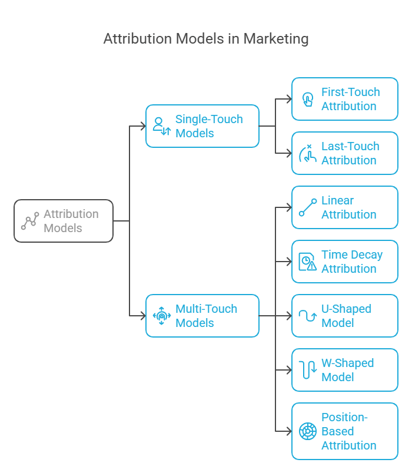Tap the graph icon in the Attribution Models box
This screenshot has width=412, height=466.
tap(30, 221)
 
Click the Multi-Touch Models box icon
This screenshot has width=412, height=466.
tap(162, 316)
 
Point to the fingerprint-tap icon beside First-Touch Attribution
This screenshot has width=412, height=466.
tap(307, 99)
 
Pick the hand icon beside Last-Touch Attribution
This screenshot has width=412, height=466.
tap(308, 153)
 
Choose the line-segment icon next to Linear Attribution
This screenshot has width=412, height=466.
tap(308, 207)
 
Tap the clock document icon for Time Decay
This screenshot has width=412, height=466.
tap(307, 262)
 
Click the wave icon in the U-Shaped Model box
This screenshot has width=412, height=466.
tap(308, 316)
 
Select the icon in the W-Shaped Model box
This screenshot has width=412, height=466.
tap(308, 370)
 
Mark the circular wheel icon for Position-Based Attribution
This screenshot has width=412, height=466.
tap(308, 431)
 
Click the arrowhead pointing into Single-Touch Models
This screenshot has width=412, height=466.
tap(142, 126)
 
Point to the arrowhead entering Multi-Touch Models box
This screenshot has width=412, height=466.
tap(142, 316)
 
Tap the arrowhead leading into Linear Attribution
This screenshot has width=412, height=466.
tap(288, 207)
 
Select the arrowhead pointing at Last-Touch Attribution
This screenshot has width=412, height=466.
tap(288, 153)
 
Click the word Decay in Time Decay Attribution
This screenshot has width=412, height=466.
tap(367, 255)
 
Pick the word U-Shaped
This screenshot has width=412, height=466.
tap(346, 309)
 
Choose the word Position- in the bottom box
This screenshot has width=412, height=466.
tap(344, 417)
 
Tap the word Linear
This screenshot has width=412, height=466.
tap(337, 200)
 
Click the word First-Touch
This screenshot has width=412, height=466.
tap(350, 92)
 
